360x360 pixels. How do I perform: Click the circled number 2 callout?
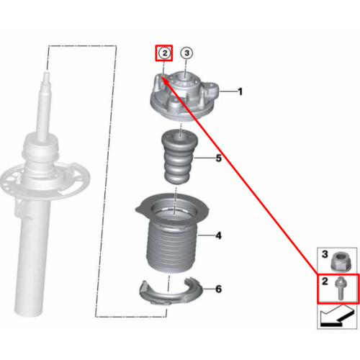coord(164,53)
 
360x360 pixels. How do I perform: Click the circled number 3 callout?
coord(186,53)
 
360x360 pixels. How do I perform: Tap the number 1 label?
coord(240,91)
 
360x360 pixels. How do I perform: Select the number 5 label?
coord(218,158)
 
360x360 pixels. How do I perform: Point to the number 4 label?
coord(218,235)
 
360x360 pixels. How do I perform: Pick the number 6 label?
coord(218,289)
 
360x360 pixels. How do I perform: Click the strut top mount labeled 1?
coord(184,95)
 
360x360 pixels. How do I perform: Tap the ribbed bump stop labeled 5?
coord(179,156)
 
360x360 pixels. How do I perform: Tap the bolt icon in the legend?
coord(340,287)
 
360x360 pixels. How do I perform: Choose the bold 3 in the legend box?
coord(325,254)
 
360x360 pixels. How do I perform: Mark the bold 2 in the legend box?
coord(325,281)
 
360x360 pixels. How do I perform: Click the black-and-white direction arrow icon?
coord(338,316)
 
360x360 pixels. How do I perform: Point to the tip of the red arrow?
coord(161,76)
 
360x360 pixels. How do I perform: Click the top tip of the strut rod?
coord(47,71)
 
